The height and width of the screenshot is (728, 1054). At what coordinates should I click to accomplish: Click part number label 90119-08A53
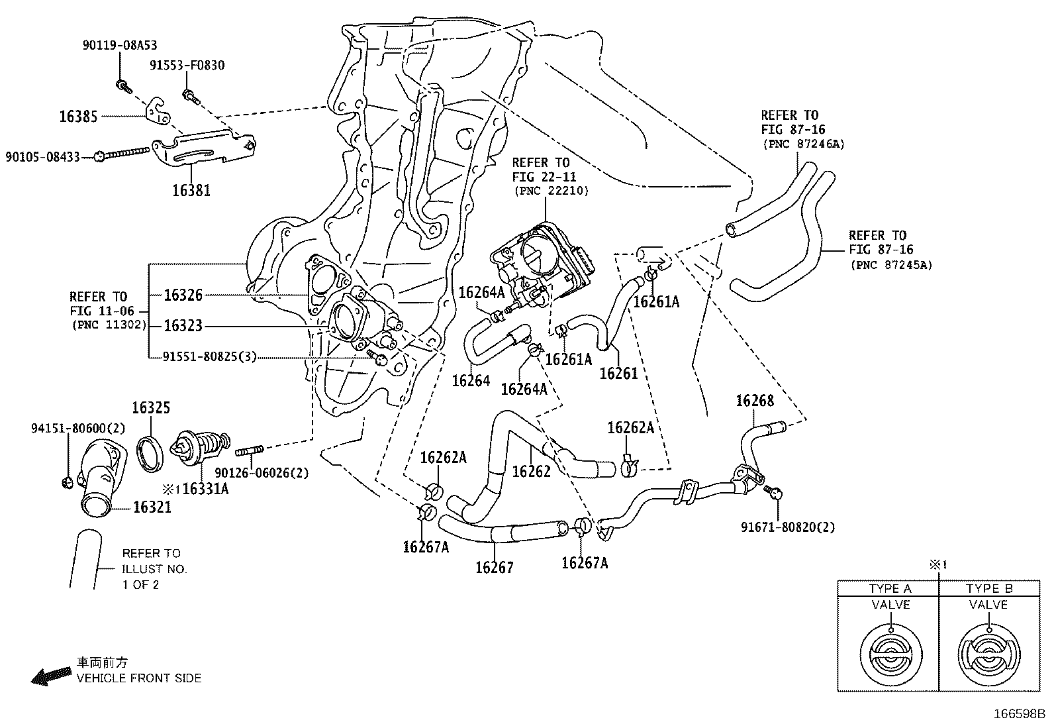[120, 45]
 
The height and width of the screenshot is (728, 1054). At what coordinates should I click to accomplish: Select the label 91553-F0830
[187, 65]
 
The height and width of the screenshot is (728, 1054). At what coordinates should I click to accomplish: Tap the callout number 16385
[78, 117]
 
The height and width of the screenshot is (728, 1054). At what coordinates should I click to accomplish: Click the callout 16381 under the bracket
[191, 191]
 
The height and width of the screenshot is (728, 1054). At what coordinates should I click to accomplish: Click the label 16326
[183, 295]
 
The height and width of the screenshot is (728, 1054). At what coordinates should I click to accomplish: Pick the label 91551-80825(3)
[209, 357]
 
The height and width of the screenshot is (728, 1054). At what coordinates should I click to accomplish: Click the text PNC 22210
[550, 191]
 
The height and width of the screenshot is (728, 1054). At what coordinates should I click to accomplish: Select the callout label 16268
[755, 401]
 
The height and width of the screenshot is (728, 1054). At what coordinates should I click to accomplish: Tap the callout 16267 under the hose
[494, 567]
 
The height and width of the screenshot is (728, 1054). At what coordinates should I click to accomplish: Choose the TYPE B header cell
[988, 588]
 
